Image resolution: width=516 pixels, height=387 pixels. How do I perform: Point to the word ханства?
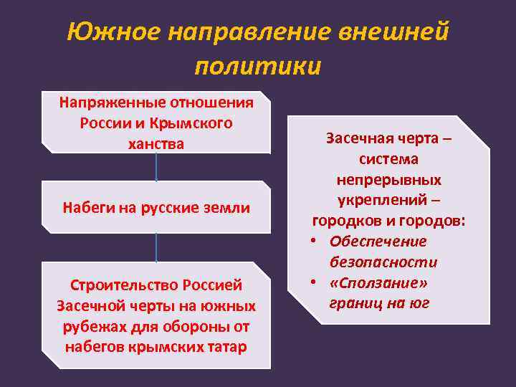[156, 143]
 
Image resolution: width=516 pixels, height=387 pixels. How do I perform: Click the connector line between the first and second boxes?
[156, 167]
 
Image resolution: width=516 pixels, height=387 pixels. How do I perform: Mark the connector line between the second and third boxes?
[156, 247]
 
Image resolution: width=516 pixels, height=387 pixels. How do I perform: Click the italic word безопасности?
[383, 262]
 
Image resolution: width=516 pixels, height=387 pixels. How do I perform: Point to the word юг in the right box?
[416, 303]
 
